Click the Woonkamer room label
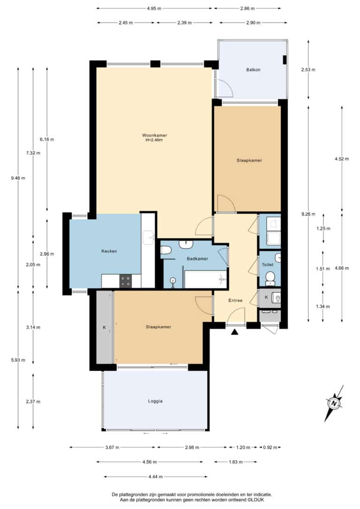(155, 135)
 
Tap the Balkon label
(253, 70)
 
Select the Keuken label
(109, 251)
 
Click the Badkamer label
(197, 259)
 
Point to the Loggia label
(155, 401)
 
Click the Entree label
(235, 300)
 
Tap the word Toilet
(268, 265)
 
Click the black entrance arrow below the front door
(234, 332)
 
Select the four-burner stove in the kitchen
(126, 281)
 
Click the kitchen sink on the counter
(149, 238)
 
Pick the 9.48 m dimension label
(18, 178)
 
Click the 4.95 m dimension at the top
(154, 8)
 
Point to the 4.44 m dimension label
(155, 477)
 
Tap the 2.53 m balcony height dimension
(308, 70)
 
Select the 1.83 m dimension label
(235, 462)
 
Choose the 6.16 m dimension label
(47, 140)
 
